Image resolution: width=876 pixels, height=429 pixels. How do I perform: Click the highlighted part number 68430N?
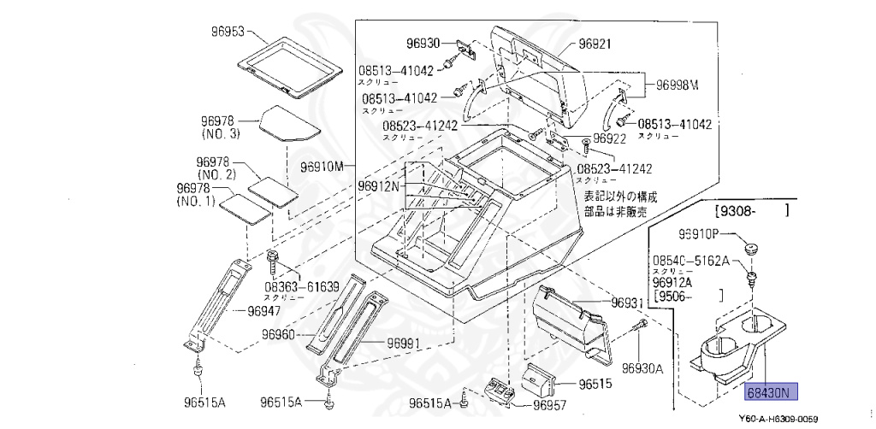[x=771, y=392]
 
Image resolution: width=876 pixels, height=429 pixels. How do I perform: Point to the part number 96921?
[x=596, y=42]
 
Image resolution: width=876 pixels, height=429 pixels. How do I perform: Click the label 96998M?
[x=678, y=85]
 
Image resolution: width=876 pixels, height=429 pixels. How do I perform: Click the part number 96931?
[x=627, y=303]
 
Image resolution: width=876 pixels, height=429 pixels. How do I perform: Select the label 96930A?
[x=642, y=368]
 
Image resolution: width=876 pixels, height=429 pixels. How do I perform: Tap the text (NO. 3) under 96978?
[x=221, y=134]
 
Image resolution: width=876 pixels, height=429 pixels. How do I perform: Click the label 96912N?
[x=381, y=185]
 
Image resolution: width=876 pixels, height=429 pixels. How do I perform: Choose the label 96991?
[x=404, y=344]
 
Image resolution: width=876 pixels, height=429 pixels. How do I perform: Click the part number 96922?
[x=612, y=138]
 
